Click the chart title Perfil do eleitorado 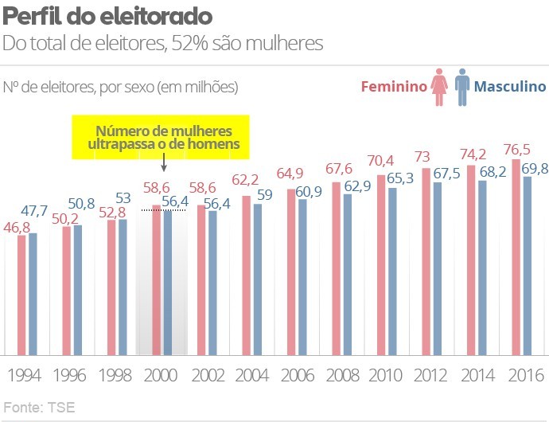click(107, 16)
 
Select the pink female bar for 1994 click(21, 295)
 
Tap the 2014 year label click(475, 374)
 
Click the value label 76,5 click(519, 149)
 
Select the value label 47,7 click(33, 211)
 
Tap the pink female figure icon click(439, 84)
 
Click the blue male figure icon click(462, 84)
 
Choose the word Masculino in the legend click(510, 87)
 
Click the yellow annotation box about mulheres click(161, 137)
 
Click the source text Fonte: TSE click(39, 408)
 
